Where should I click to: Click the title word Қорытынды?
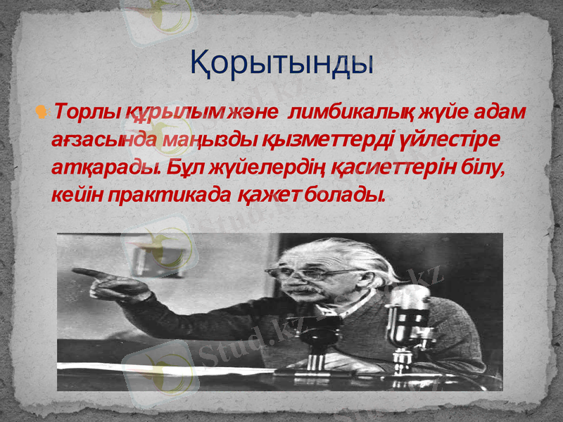pos(281,63)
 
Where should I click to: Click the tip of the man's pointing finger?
pos(75,271)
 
